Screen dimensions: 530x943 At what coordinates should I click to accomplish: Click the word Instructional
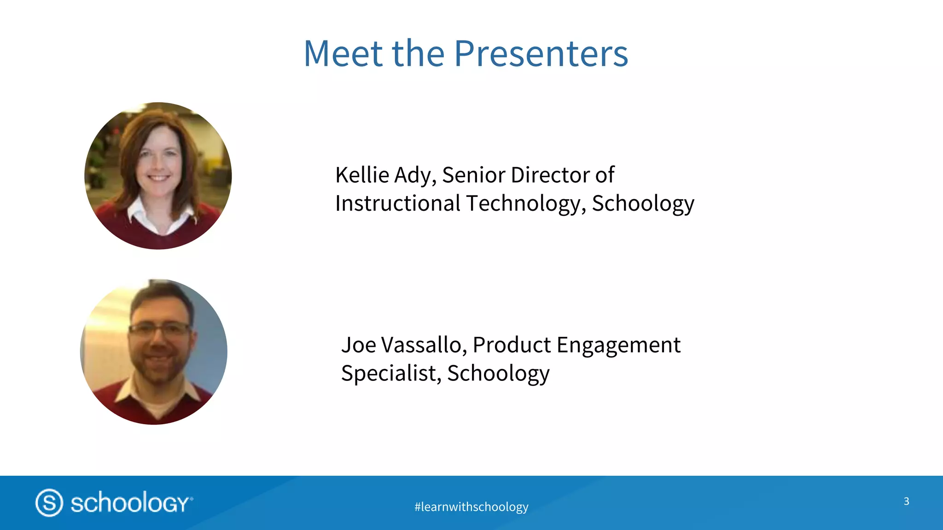(x=397, y=204)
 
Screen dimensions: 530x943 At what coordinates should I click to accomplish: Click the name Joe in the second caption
(x=358, y=345)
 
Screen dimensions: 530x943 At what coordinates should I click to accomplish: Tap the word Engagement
(x=618, y=345)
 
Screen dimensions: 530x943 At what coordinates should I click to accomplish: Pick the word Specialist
(x=391, y=373)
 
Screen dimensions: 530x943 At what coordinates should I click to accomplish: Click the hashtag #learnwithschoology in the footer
(x=471, y=507)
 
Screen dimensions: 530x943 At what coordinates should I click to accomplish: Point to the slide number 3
(x=906, y=501)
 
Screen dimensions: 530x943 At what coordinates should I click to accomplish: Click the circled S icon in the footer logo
(x=49, y=503)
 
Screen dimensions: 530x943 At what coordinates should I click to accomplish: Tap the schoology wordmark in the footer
(x=131, y=503)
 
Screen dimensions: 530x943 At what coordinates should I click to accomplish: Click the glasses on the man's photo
(x=159, y=329)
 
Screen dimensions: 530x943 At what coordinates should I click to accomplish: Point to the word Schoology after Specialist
(x=498, y=373)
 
